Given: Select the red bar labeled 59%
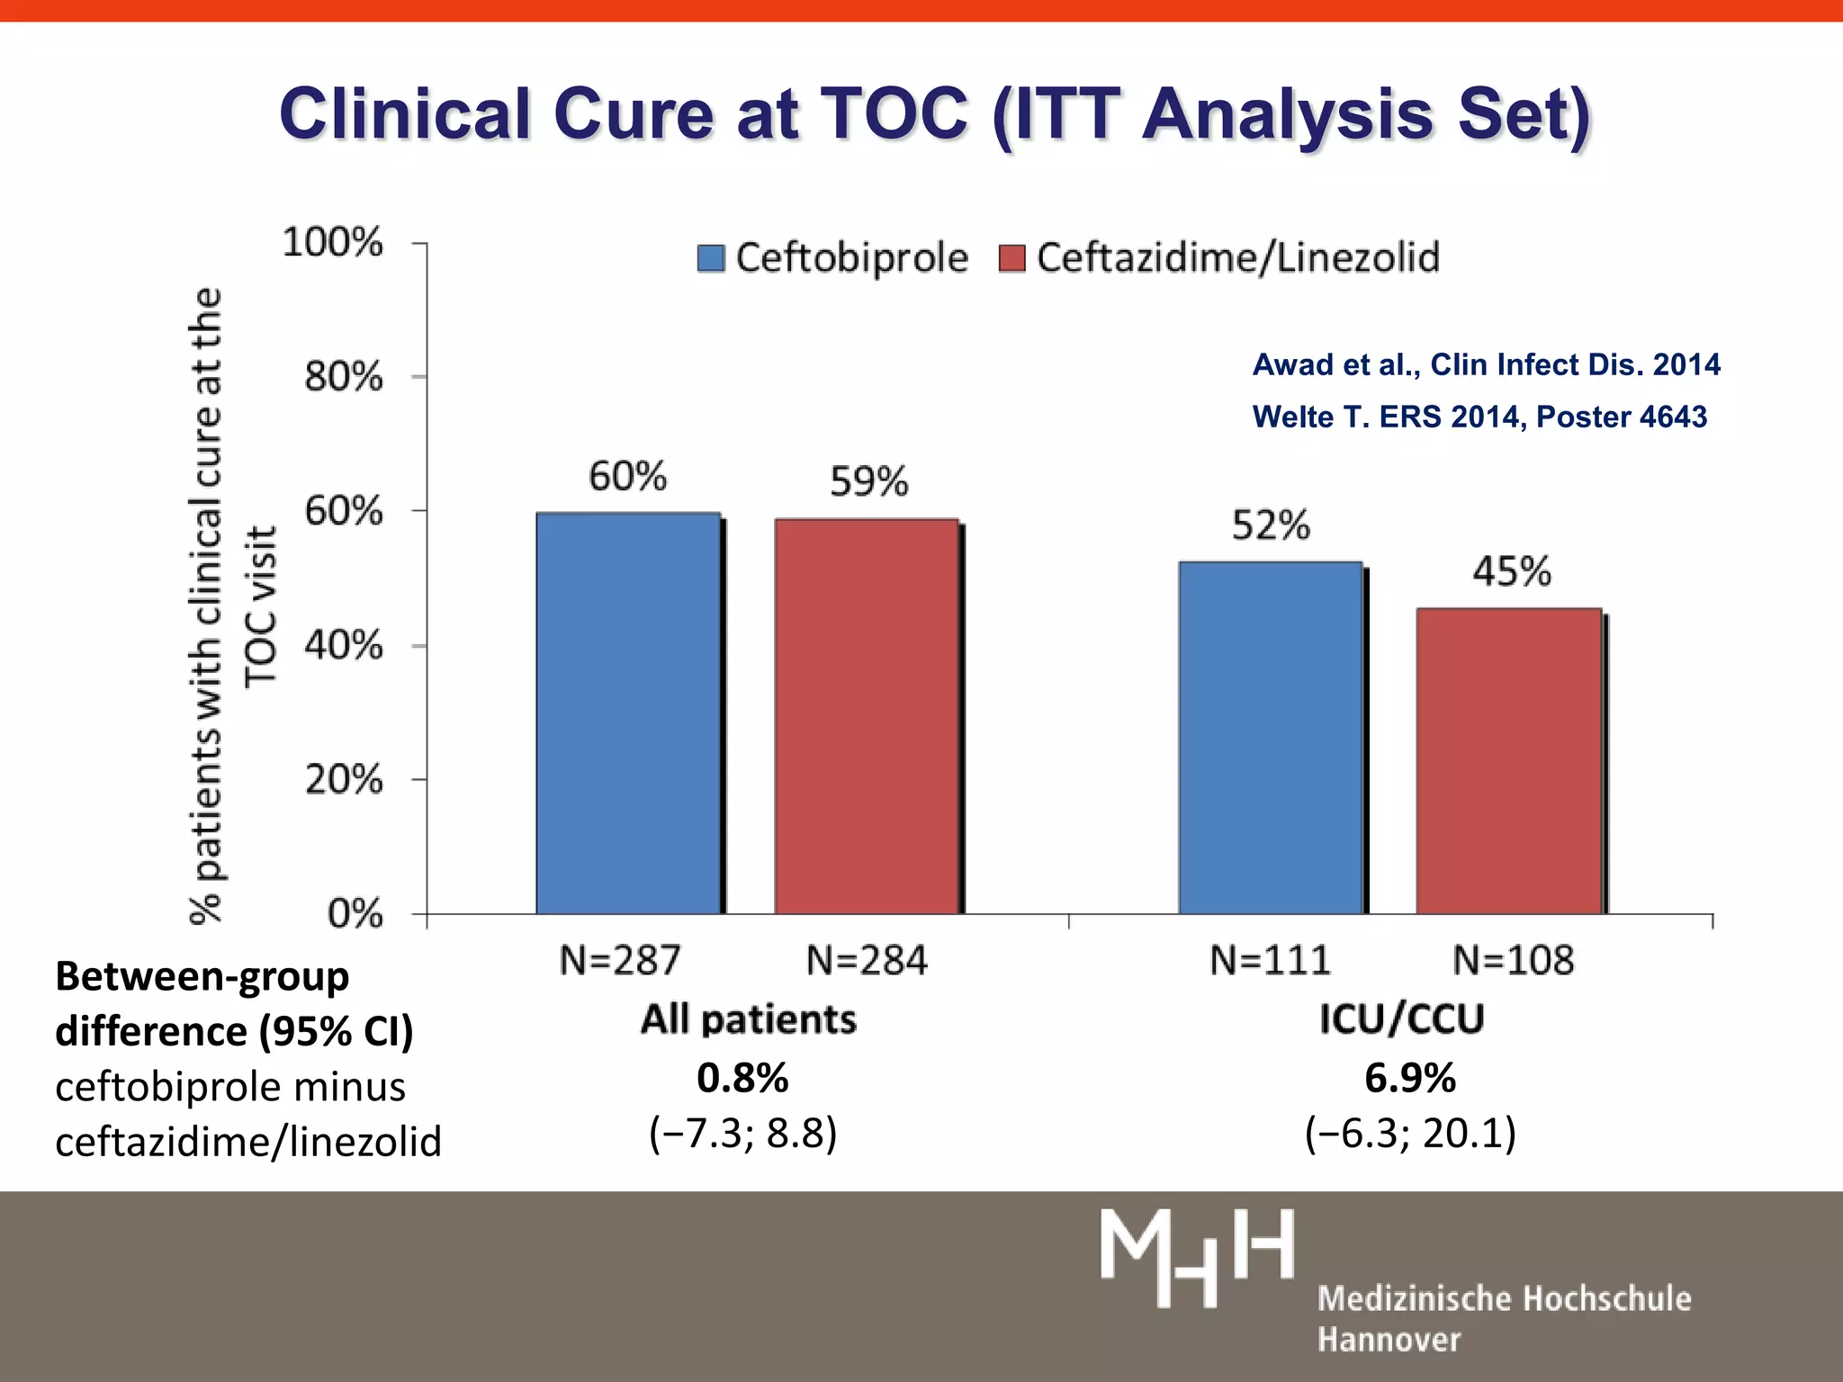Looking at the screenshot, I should [x=867, y=716].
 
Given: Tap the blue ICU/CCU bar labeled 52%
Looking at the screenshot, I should [x=1270, y=738].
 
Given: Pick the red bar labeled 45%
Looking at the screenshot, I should [x=1509, y=761].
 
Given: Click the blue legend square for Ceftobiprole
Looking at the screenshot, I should [x=711, y=258].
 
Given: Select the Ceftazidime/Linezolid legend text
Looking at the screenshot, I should [x=1237, y=258].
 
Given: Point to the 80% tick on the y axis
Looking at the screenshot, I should [x=344, y=376].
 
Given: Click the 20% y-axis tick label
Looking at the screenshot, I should [x=344, y=779].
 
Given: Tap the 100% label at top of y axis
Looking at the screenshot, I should [x=333, y=242].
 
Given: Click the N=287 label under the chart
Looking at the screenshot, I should [x=620, y=960].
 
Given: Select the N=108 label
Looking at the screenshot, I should [x=1514, y=960].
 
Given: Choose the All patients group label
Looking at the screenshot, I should [x=748, y=1019].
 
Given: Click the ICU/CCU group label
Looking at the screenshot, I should [x=1401, y=1019].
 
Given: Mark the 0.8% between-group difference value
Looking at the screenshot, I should [x=742, y=1077].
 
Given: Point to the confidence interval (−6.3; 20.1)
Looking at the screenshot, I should [x=1410, y=1133].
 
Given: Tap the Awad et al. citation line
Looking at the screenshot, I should [x=1486, y=364].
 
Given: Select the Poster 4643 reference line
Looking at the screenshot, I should [x=1479, y=417].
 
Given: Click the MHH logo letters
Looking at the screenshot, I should [x=1197, y=1257].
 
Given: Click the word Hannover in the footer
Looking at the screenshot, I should [x=1389, y=1340].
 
